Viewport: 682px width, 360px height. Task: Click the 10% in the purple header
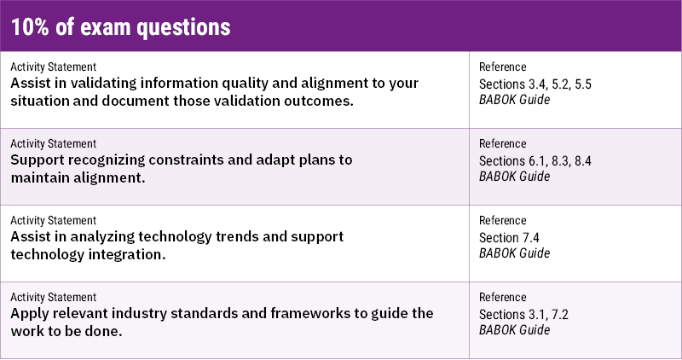coord(32,27)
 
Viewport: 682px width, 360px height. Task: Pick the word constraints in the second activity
coord(184,160)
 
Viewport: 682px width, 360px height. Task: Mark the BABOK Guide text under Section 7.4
coord(515,253)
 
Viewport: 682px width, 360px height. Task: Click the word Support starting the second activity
coord(41,160)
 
